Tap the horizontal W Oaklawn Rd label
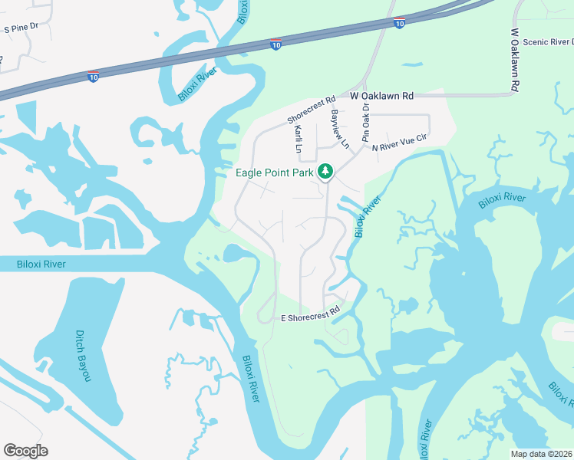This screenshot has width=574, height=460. click(381, 97)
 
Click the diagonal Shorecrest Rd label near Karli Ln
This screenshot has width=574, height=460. click(312, 110)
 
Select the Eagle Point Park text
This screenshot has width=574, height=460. click(275, 172)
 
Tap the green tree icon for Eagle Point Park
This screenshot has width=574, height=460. click(325, 171)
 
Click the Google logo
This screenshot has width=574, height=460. click(25, 451)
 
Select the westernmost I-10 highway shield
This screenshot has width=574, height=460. click(93, 77)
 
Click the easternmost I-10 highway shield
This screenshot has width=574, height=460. click(398, 24)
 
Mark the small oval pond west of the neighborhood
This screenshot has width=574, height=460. click(234, 252)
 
